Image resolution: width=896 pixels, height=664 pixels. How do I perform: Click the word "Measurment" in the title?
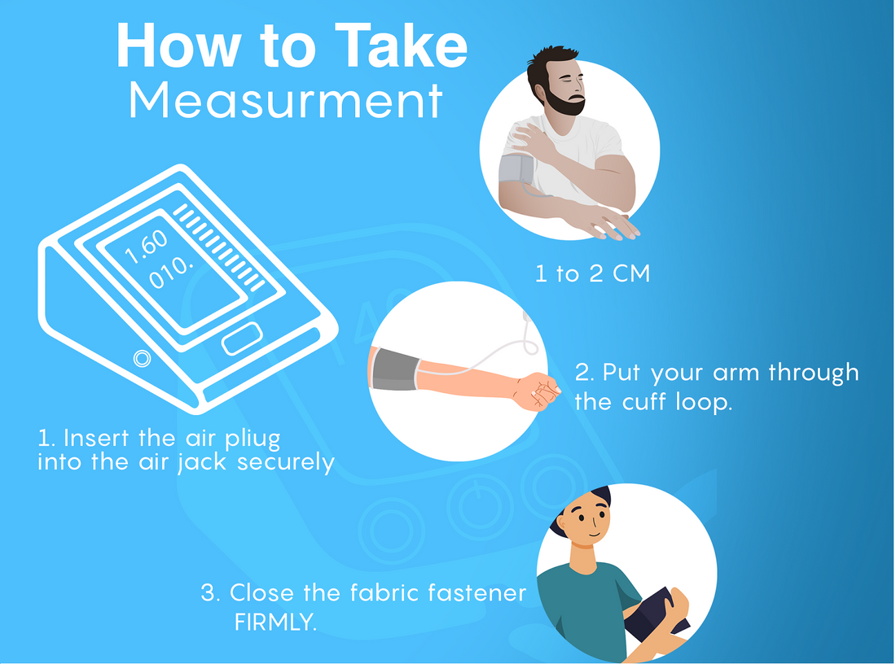[286, 100]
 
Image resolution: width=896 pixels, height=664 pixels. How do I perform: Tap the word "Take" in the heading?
[401, 46]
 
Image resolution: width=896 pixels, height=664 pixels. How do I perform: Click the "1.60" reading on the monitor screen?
[147, 247]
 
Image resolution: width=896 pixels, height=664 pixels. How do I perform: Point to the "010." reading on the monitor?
[171, 273]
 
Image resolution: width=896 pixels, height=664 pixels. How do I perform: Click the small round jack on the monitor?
[143, 359]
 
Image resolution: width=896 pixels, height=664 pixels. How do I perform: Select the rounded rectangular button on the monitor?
[242, 338]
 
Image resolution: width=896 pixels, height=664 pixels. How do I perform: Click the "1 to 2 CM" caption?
[592, 273]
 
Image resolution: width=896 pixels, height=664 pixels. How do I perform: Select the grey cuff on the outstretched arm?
[395, 370]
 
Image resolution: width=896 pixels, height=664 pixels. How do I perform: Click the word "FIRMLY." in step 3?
[275, 622]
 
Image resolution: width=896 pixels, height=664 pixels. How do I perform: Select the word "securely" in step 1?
[286, 462]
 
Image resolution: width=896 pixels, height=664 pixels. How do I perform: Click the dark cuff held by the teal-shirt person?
[657, 614]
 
